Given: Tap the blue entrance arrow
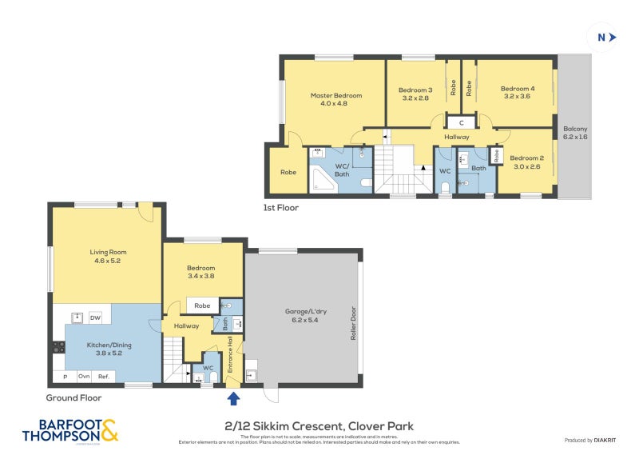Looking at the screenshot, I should pyautogui.click(x=233, y=397).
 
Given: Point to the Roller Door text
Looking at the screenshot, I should pyautogui.click(x=351, y=324).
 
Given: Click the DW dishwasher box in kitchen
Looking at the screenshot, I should pyautogui.click(x=95, y=318).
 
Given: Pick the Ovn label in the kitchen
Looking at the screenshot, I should pyautogui.click(x=83, y=377).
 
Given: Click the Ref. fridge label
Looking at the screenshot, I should pyautogui.click(x=104, y=377).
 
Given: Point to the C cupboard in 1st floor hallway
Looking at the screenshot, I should pyautogui.click(x=461, y=122).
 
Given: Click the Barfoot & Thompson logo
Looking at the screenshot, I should pyautogui.click(x=70, y=431).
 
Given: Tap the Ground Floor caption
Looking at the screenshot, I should pyautogui.click(x=73, y=397).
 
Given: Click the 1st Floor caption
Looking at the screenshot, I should pyautogui.click(x=281, y=207).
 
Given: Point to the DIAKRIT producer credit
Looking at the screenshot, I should pyautogui.click(x=589, y=441).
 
